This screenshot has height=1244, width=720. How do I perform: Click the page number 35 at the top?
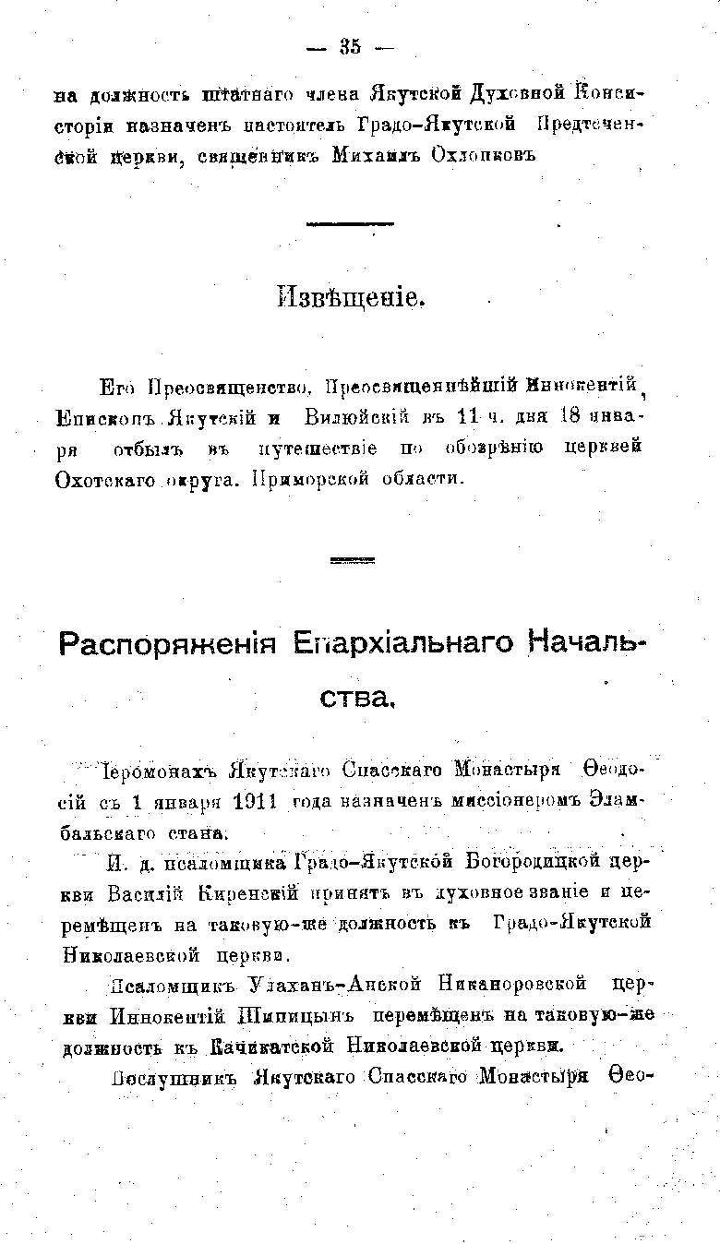click(x=350, y=48)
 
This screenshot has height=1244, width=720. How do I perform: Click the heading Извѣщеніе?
click(x=351, y=298)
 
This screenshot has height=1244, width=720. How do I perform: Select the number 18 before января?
click(x=572, y=420)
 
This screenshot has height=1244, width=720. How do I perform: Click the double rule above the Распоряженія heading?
click(x=350, y=560)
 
